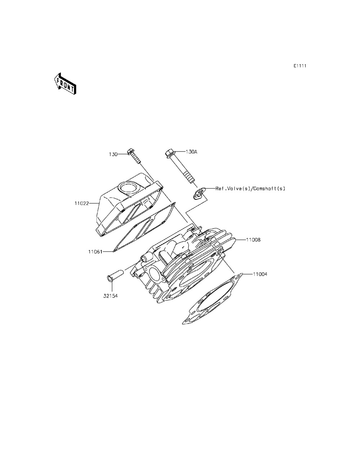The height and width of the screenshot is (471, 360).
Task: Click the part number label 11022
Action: pos(82,203)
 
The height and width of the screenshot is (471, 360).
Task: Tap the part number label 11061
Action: pos(95,252)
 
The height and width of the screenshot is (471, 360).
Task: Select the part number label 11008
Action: pos(253,240)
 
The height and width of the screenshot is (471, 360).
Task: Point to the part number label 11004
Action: pos(260,274)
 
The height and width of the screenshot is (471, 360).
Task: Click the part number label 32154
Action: pos(111,296)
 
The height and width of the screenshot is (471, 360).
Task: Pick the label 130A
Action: pos(191,152)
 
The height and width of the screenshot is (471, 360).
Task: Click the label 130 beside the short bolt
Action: pos(113,154)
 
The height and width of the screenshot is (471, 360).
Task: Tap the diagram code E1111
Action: pos(300,66)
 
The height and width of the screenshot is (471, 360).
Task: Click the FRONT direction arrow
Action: pos(65,84)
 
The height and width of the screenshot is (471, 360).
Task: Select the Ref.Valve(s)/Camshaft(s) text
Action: pos(250,189)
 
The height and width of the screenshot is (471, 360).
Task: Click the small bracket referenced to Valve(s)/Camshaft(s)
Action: pos(199,193)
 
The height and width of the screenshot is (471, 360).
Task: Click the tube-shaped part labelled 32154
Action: pos(115,275)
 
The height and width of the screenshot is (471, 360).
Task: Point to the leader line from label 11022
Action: pos(94,203)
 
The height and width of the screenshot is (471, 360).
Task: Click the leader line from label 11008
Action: pos(240,240)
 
